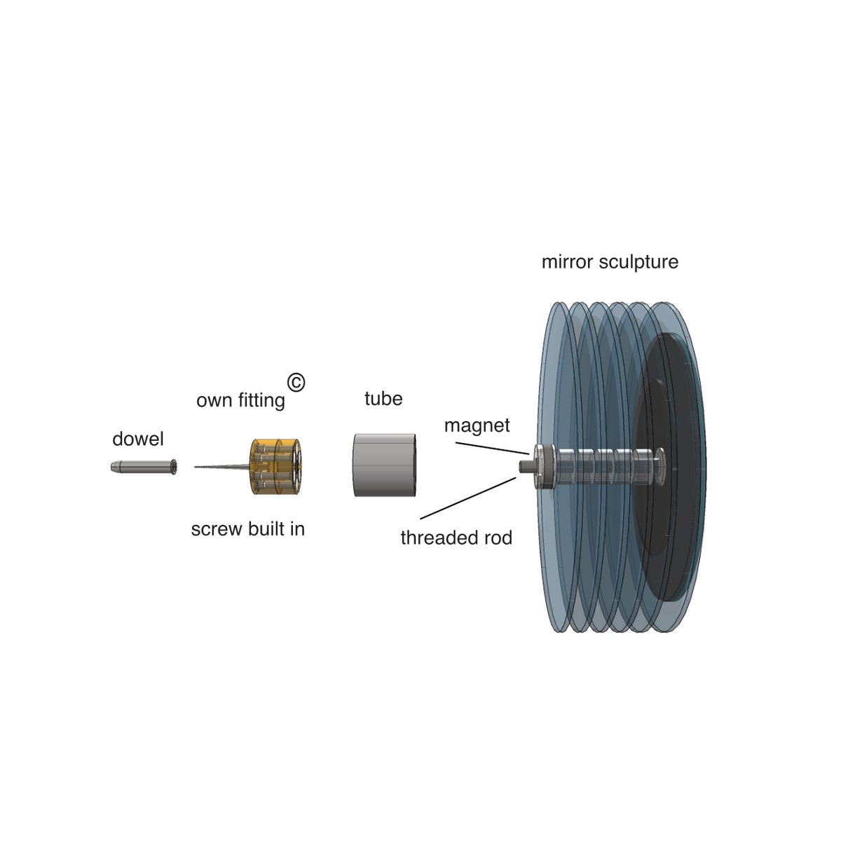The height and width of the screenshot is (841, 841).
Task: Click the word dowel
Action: pos(138,439)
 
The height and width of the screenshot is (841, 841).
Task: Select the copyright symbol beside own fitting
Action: pos(296,383)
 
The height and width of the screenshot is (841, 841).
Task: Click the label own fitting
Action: pos(240,401)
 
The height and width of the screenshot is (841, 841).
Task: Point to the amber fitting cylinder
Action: pos(276,467)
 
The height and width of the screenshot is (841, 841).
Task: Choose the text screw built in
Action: pos(247,529)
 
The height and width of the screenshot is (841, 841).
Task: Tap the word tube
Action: pos(383,399)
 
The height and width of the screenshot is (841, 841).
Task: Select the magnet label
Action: pos(477,425)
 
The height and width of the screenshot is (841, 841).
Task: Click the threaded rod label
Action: pos(456,538)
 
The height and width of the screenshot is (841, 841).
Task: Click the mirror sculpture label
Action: pos(610,262)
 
